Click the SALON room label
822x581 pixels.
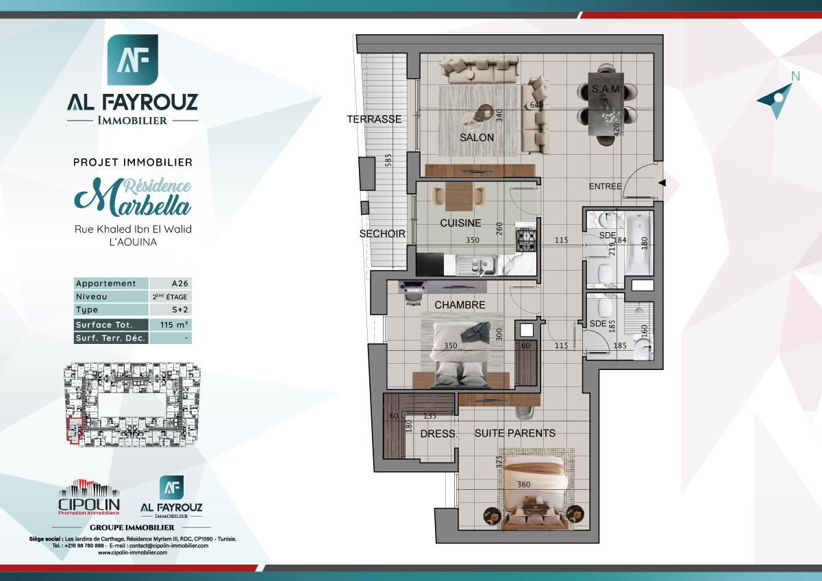tap(477, 137)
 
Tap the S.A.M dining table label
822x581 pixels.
tap(606, 90)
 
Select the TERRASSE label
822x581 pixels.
tap(374, 119)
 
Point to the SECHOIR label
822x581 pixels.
tap(382, 234)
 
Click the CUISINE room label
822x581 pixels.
tap(460, 223)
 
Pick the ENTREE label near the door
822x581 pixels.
tap(605, 186)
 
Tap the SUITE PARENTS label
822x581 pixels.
tap(514, 433)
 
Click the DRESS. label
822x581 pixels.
tap(438, 434)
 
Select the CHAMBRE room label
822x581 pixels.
tap(460, 305)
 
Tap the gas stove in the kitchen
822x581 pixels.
tap(525, 240)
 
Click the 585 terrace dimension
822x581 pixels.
tap(388, 162)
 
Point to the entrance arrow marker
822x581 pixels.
tap(662, 182)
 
